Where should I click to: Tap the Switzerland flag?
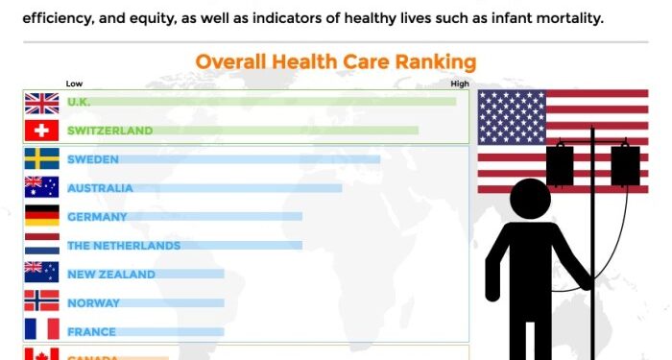click(41, 131)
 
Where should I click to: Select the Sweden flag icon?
click(41, 159)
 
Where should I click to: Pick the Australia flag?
click(41, 188)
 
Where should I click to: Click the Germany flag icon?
click(41, 217)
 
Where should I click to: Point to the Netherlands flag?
click(41, 246)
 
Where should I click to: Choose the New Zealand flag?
click(41, 275)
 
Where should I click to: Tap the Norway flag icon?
click(41, 303)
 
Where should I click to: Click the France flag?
click(41, 331)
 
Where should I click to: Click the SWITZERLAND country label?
click(109, 131)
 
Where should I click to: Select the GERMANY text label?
click(97, 217)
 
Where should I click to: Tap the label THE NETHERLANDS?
click(124, 246)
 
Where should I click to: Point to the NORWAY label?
click(93, 303)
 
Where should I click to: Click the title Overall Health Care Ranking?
click(335, 62)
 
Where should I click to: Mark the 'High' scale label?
click(460, 84)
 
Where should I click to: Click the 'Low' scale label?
click(74, 84)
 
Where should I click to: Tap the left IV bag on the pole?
click(560, 165)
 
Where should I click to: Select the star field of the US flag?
click(512, 117)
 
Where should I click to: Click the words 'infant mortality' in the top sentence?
click(548, 17)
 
